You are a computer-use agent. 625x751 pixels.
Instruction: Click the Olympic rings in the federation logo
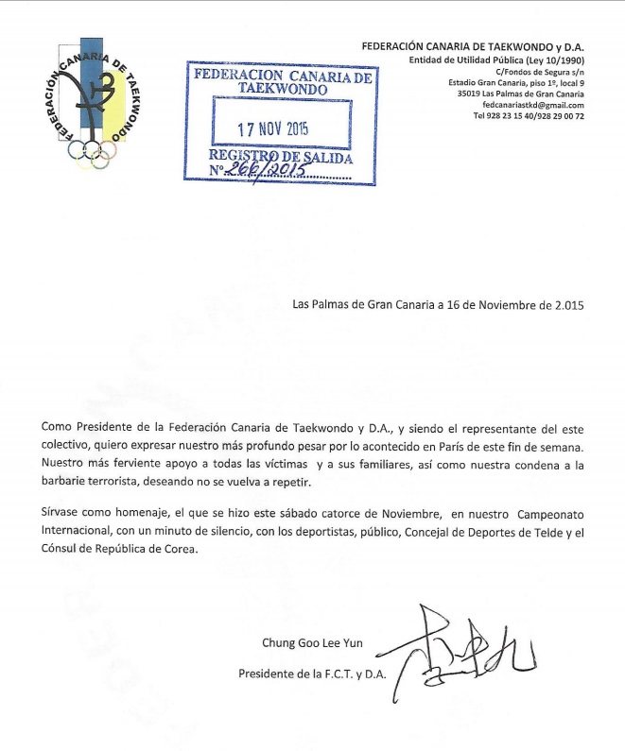94,152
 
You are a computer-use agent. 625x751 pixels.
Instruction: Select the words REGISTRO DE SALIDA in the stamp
281,157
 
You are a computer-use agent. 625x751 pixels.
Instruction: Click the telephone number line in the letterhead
528,117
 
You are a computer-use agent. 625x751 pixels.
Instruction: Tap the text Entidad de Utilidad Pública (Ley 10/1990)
495,60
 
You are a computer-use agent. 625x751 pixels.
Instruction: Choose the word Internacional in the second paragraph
78,534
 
